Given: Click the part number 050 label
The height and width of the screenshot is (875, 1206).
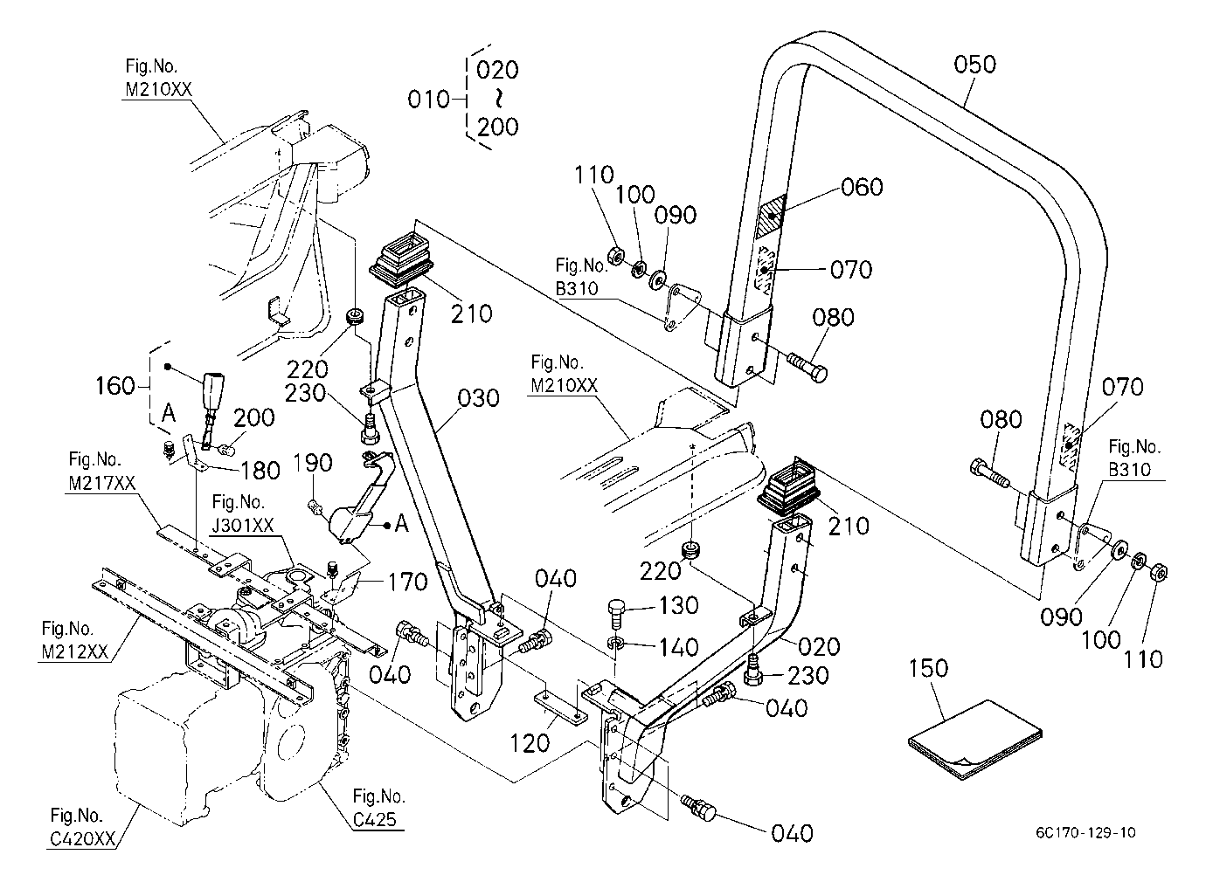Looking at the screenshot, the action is coord(974,65).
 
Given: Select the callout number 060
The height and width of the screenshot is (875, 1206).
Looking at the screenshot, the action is coord(862,187).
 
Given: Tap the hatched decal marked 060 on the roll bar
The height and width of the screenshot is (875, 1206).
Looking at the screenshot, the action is coord(772,217).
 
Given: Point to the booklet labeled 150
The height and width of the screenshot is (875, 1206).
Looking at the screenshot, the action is coord(975,741).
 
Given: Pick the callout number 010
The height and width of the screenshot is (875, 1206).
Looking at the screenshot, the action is coord(428,100).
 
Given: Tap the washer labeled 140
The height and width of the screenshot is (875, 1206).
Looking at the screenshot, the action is coord(615,643).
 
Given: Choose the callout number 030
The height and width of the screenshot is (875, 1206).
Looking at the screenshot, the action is coord(478,398).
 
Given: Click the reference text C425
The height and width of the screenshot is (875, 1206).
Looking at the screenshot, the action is coord(375,819).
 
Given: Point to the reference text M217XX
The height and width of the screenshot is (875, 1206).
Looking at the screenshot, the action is coord(101,483).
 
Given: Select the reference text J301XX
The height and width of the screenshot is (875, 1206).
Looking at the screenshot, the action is coord(243,525).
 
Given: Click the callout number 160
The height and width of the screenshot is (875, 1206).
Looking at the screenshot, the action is coord(115,385).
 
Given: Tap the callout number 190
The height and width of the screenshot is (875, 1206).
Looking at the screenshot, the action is coord(314,462).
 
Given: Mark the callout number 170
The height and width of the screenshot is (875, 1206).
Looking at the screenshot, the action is coord(407,582).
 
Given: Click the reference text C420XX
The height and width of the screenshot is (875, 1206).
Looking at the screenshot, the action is coord(82,839).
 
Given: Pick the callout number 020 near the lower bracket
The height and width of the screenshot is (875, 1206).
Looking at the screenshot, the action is coord(819,647).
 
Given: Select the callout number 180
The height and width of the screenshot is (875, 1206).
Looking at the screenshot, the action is coord(260,471).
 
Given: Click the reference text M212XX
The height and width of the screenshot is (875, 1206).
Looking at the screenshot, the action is coord(75,651).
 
